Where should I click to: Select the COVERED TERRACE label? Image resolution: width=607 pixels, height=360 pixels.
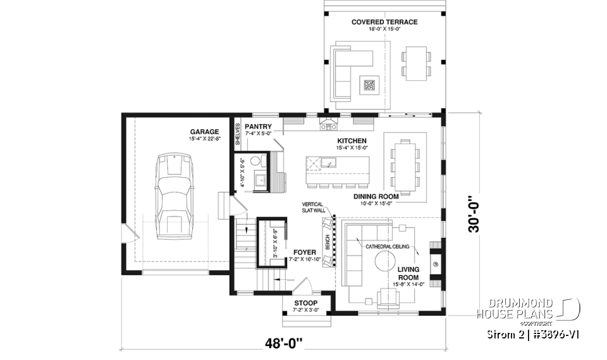[384, 22]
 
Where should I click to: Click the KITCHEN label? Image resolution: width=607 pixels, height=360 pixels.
[352, 140]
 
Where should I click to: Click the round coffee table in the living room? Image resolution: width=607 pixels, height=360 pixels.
[387, 261]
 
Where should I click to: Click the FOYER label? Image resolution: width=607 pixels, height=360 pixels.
[301, 252]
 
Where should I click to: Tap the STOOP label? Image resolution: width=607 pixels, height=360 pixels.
[307, 303]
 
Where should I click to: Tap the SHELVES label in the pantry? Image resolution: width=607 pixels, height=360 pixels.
[238, 135]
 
